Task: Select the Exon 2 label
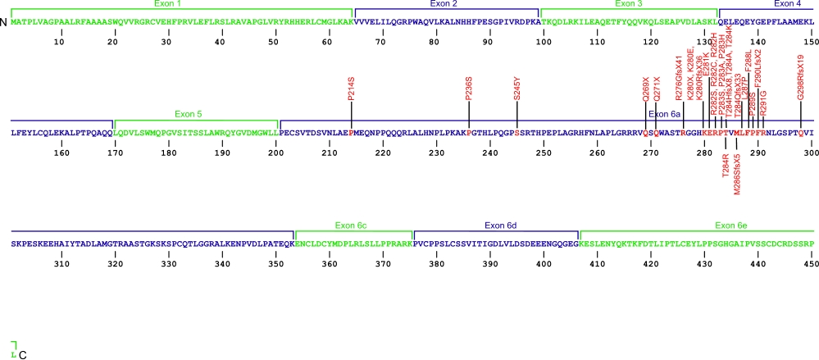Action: click(x=448, y=4)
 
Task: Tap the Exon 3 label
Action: click(x=626, y=4)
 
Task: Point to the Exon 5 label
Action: click(x=189, y=114)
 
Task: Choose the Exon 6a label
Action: click(x=664, y=114)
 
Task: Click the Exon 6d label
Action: click(x=500, y=224)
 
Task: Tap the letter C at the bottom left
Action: click(x=22, y=354)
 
